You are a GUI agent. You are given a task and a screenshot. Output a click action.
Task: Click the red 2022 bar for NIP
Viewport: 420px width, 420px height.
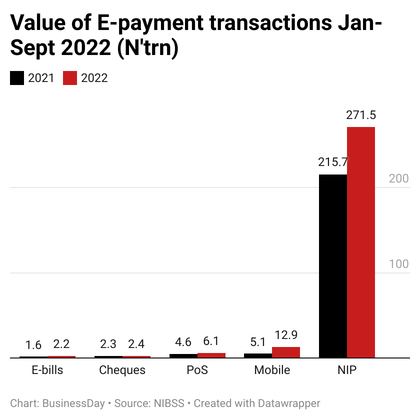tap(361, 242)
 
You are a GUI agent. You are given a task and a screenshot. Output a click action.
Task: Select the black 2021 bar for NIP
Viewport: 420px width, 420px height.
tap(333, 266)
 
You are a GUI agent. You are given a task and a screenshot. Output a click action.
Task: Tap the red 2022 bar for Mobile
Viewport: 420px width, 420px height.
tap(286, 352)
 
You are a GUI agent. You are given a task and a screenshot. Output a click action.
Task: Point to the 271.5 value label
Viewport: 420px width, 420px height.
tap(361, 115)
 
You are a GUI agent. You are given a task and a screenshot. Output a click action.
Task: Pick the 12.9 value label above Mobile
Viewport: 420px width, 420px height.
tap(286, 335)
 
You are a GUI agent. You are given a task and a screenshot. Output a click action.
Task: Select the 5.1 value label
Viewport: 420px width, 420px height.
tap(258, 343)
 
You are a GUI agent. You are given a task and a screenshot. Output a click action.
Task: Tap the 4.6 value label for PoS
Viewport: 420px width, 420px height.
tap(183, 343)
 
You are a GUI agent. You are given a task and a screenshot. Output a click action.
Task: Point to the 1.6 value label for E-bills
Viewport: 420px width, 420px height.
tap(33, 344)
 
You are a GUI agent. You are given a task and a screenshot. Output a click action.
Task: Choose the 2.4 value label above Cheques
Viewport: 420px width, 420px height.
tap(136, 344)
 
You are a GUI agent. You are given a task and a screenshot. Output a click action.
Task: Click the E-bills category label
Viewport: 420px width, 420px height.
tap(47, 370)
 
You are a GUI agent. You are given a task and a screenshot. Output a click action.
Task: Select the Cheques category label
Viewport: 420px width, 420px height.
tap(122, 370)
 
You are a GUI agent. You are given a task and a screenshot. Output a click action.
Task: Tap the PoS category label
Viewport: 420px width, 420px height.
tap(197, 370)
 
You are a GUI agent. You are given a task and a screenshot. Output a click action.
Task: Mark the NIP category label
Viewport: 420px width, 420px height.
tap(347, 370)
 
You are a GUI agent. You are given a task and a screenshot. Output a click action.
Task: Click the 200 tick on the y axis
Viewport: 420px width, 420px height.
tap(399, 178)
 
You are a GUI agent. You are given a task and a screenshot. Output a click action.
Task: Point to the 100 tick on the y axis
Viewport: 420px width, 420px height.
tap(399, 264)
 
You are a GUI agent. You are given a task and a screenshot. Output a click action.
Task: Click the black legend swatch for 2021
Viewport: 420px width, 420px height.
tap(17, 78)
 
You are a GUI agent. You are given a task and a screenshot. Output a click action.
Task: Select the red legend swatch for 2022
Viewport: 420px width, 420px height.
tap(70, 78)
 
